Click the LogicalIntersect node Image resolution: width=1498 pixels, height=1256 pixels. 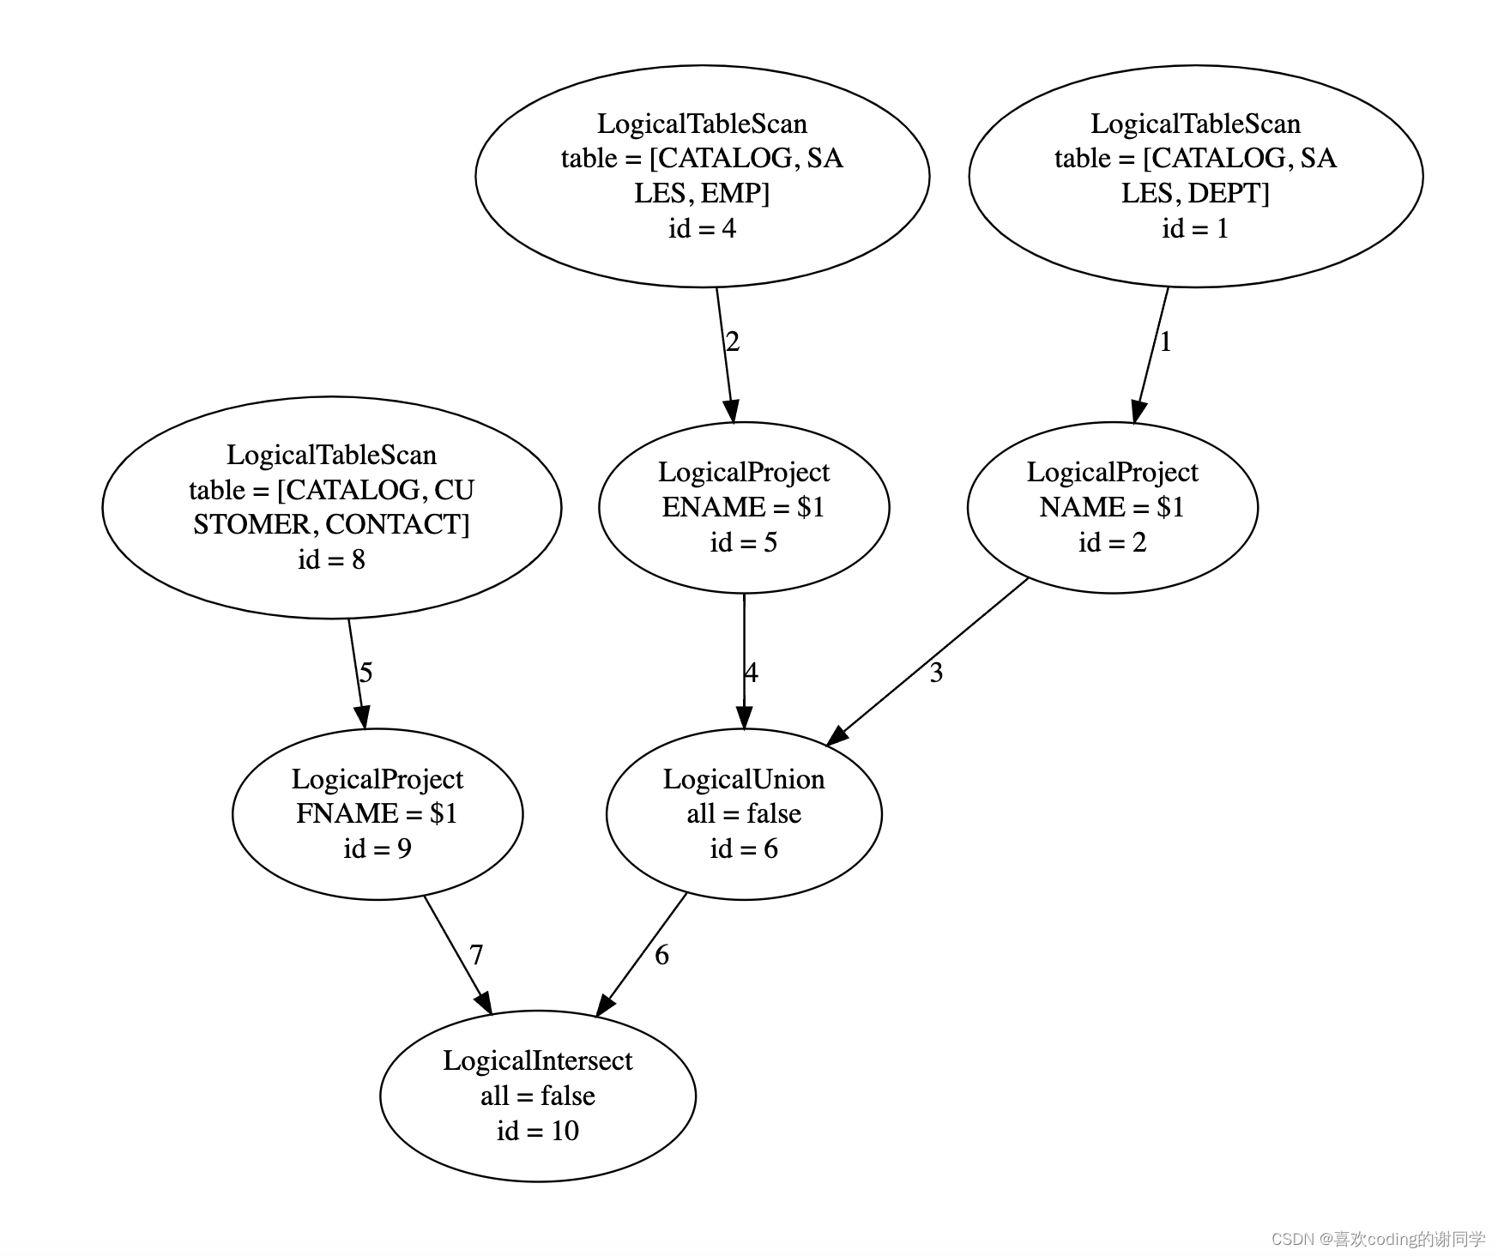coord(538,1096)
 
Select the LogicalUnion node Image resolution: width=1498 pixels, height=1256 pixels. coord(744,813)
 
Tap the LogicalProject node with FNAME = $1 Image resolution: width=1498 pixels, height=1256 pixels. coord(378,813)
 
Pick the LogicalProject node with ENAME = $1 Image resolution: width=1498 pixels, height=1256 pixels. coord(744,507)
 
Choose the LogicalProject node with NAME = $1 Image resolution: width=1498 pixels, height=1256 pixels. coord(1112,507)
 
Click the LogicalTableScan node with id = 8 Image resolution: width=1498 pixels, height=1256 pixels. coord(332,507)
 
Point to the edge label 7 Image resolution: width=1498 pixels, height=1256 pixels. coord(476,955)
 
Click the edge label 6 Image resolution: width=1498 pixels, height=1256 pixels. coord(661,955)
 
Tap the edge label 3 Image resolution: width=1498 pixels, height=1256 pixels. coord(936,673)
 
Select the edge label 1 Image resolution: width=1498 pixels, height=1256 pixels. coord(1165,342)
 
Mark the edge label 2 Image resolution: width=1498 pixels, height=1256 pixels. coord(732,342)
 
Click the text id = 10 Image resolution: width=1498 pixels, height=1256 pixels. coord(538,1131)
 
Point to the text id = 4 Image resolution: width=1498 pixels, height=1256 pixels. coord(702,228)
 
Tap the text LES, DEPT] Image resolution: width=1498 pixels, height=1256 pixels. coord(1195,193)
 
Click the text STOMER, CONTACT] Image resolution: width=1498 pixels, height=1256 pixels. coord(332,524)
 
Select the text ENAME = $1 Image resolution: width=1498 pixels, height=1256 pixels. coord(744,507)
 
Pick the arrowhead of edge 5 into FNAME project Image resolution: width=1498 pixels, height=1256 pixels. coord(363,716)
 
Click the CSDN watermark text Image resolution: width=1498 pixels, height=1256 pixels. coord(1378,1239)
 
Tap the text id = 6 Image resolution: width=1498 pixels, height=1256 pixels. coord(744,848)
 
